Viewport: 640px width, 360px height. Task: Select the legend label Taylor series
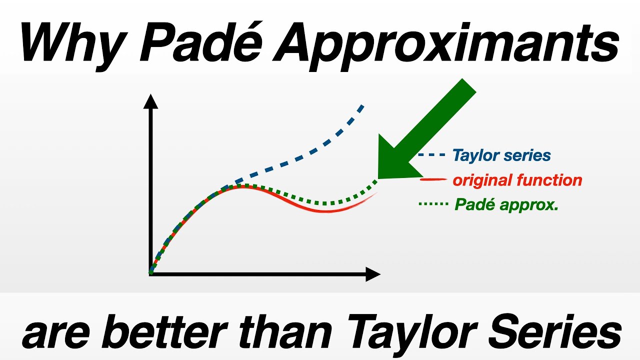(501, 155)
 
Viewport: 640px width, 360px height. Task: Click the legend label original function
(517, 180)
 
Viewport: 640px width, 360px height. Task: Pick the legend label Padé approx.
(506, 204)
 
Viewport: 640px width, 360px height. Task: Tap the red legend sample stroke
(433, 179)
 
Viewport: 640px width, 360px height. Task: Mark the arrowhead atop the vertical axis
(150, 101)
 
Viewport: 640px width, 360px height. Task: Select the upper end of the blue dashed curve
(361, 106)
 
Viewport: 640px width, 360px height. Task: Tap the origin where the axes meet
(150, 273)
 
